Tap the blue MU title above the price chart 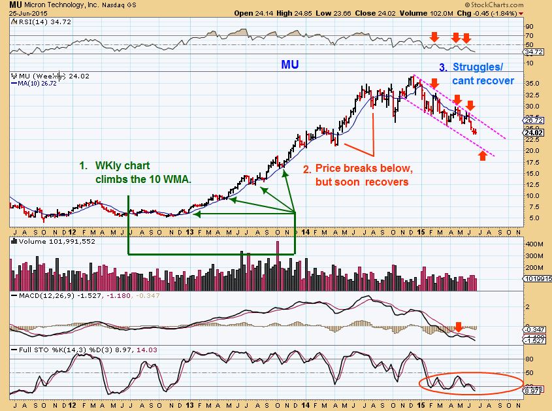(291, 65)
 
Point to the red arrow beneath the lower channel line (482, 155)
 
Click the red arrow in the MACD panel (459, 325)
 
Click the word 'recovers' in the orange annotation (389, 182)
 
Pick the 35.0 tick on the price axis (532, 84)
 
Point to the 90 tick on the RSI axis (530, 26)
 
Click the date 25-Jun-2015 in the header (22, 13)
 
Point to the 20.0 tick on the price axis (532, 150)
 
